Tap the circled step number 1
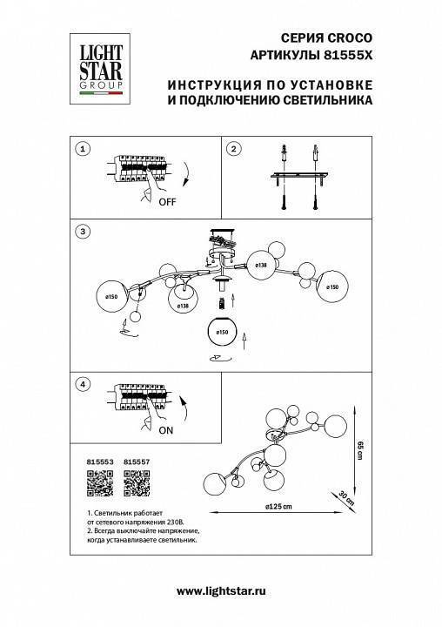point(83,150)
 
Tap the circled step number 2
point(233,150)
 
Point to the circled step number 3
point(83,232)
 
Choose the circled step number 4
point(83,384)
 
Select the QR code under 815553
point(101,482)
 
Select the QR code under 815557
point(137,482)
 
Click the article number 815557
point(137,464)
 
